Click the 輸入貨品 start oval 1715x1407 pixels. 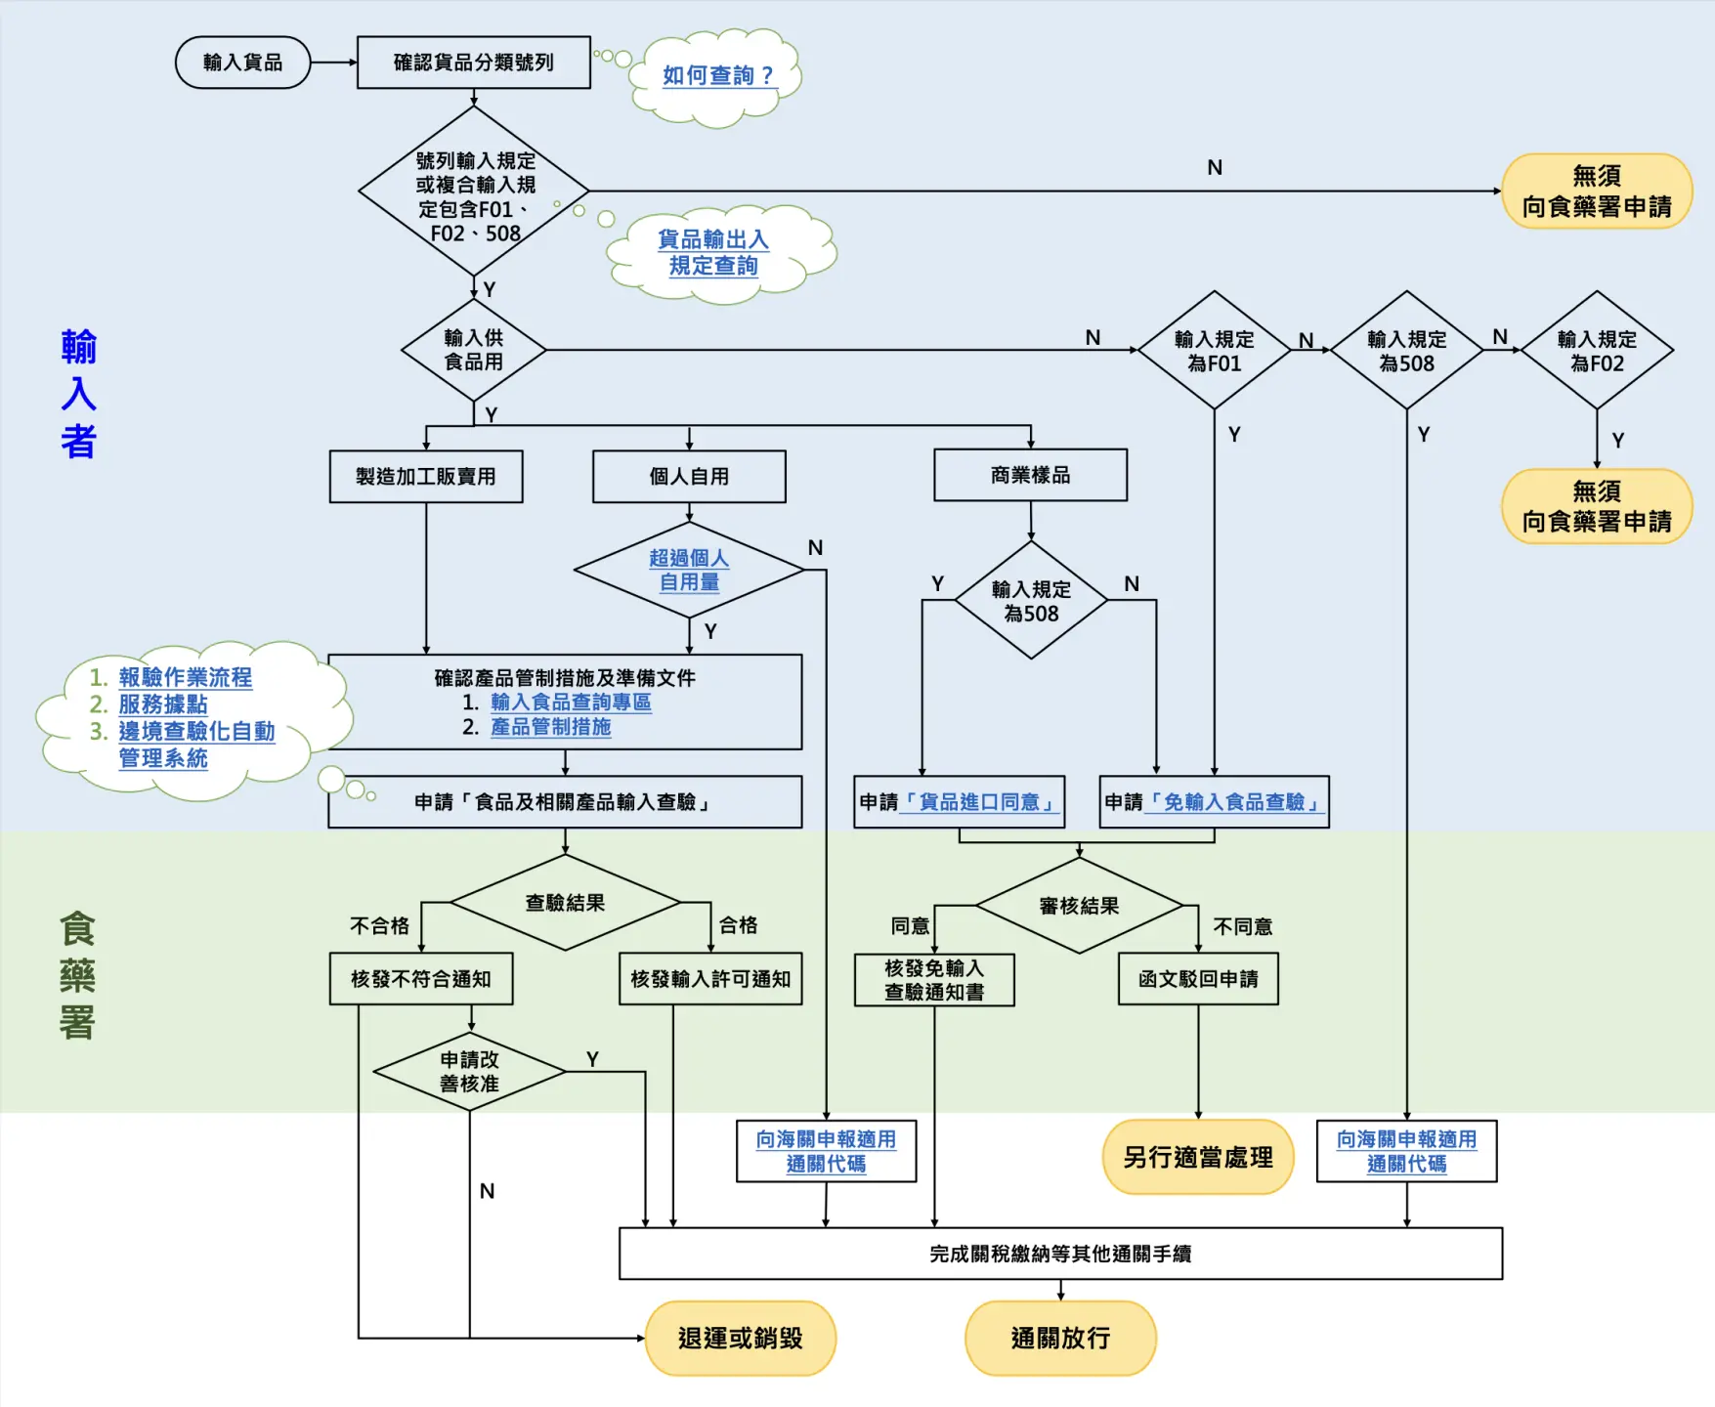pos(242,63)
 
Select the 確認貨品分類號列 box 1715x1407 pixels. pos(474,63)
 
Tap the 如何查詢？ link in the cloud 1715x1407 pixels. pos(718,75)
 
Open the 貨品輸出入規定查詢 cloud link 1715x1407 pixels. pos(713,252)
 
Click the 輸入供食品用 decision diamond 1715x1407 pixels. pos(474,350)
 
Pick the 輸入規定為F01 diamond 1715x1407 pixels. pos(1215,350)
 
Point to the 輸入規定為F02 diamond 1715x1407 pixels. pos(1597,350)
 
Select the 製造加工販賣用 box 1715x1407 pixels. pos(426,476)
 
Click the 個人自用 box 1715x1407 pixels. pos(689,476)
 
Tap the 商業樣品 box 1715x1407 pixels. pos(1030,475)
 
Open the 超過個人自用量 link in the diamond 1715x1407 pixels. pos(689,570)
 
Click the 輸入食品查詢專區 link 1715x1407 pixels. pos(571,702)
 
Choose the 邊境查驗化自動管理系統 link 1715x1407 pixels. pos(196,745)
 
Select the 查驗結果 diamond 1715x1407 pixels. pos(565,903)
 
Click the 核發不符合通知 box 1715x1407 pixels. pos(421,979)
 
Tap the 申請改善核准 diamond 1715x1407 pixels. pos(469,1072)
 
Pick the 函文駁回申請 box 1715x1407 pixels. pos(1198,979)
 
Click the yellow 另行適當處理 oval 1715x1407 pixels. pos(1198,1157)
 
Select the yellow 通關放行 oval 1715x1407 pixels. pos(1060,1338)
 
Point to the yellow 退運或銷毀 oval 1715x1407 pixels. pos(741,1338)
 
